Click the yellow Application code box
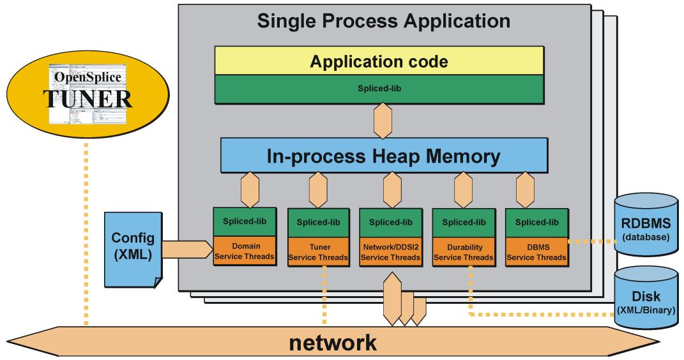coord(379,61)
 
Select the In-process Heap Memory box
coord(384,156)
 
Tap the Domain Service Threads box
coord(244,251)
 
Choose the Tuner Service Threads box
coord(318,252)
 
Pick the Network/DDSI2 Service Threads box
coord(390,252)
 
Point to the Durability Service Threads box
coord(464,252)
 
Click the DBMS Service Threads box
coord(536,252)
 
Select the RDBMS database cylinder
coord(646,225)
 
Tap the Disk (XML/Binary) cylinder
coord(646,297)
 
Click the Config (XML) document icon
coord(133,250)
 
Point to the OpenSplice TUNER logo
coord(87,93)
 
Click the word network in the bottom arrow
coord(332,343)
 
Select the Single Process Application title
coord(383,21)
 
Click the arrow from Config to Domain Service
coord(187,250)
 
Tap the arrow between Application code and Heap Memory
coord(383,121)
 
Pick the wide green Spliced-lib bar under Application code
coord(379,89)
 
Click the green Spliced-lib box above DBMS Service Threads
coord(536,223)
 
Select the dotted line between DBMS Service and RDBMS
coord(591,241)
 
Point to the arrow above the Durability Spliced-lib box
coord(463,190)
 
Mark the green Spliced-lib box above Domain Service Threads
coord(244,222)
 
